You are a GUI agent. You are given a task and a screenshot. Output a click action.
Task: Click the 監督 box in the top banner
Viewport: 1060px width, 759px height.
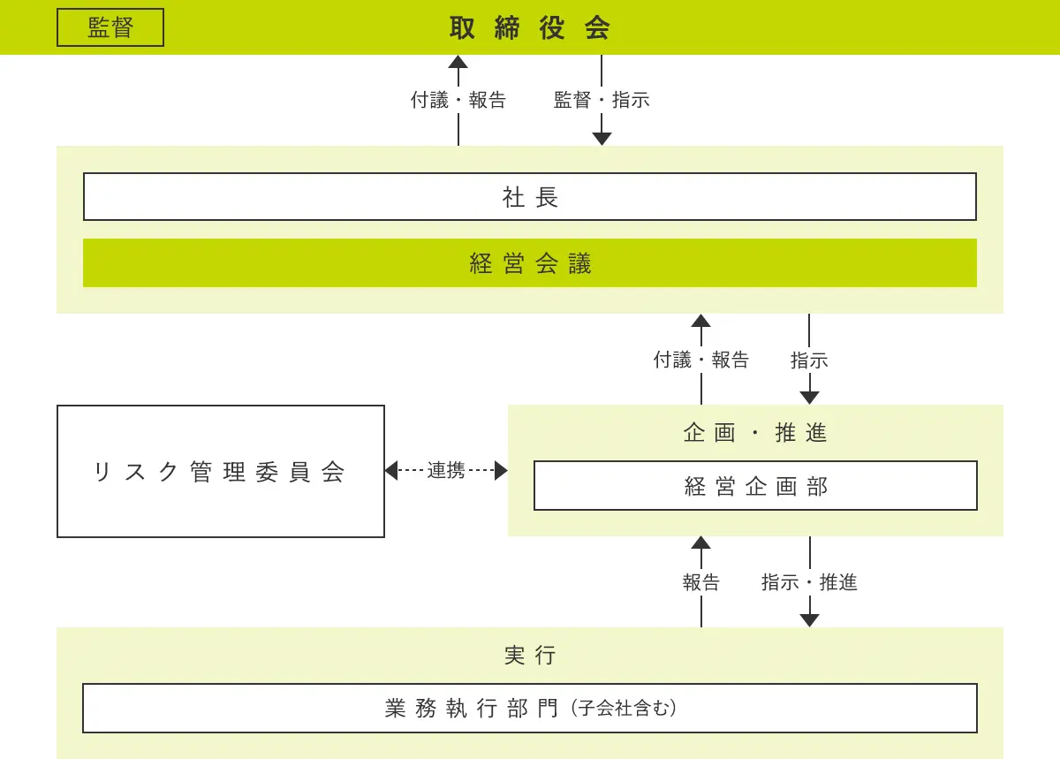pyautogui.click(x=110, y=27)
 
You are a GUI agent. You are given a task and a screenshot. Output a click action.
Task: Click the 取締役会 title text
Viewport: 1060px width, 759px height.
pyautogui.click(x=530, y=27)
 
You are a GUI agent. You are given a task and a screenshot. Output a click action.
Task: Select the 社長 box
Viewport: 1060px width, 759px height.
pyautogui.click(x=530, y=196)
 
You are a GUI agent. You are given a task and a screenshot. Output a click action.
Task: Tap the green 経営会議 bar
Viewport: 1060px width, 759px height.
pyautogui.click(x=530, y=262)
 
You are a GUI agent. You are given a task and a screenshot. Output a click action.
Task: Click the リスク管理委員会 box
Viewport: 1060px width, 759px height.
pyautogui.click(x=221, y=471)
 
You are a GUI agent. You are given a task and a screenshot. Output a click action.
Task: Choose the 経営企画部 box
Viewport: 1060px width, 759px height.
pyautogui.click(x=756, y=485)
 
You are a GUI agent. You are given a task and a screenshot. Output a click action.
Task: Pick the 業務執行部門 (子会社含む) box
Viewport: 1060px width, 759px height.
pyautogui.click(x=530, y=709)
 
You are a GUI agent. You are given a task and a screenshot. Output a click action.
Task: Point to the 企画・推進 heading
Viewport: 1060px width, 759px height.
pyautogui.click(x=755, y=433)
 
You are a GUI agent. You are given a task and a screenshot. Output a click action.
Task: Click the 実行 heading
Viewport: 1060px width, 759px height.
pyautogui.click(x=530, y=656)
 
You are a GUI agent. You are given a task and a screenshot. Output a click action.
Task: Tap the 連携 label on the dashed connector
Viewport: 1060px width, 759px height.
pyautogui.click(x=446, y=471)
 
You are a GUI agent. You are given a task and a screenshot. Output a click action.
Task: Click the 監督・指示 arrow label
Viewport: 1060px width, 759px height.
pyautogui.click(x=602, y=100)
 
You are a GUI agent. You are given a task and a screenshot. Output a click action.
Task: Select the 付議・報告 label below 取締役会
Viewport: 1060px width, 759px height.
pyautogui.click(x=458, y=100)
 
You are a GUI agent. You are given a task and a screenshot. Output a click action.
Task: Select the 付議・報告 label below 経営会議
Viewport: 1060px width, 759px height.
pyautogui.click(x=700, y=360)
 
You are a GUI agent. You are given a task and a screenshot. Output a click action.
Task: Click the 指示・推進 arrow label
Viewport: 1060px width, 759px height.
pyautogui.click(x=809, y=582)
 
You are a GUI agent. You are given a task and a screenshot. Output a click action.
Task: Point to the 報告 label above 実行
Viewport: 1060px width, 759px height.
pyautogui.click(x=700, y=582)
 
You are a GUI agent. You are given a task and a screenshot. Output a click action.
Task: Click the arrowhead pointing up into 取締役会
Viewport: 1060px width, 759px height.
pyautogui.click(x=458, y=62)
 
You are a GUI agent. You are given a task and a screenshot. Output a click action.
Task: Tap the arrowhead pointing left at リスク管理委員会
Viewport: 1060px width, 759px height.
pyautogui.click(x=391, y=471)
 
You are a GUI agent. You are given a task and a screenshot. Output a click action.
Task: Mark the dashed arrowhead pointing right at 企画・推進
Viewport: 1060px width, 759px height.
pyautogui.click(x=501, y=471)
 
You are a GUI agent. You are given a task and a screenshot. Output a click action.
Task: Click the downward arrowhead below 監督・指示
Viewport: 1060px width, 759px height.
pyautogui.click(x=602, y=139)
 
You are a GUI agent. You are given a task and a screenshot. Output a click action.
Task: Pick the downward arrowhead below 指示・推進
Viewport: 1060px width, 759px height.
pyautogui.click(x=810, y=620)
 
